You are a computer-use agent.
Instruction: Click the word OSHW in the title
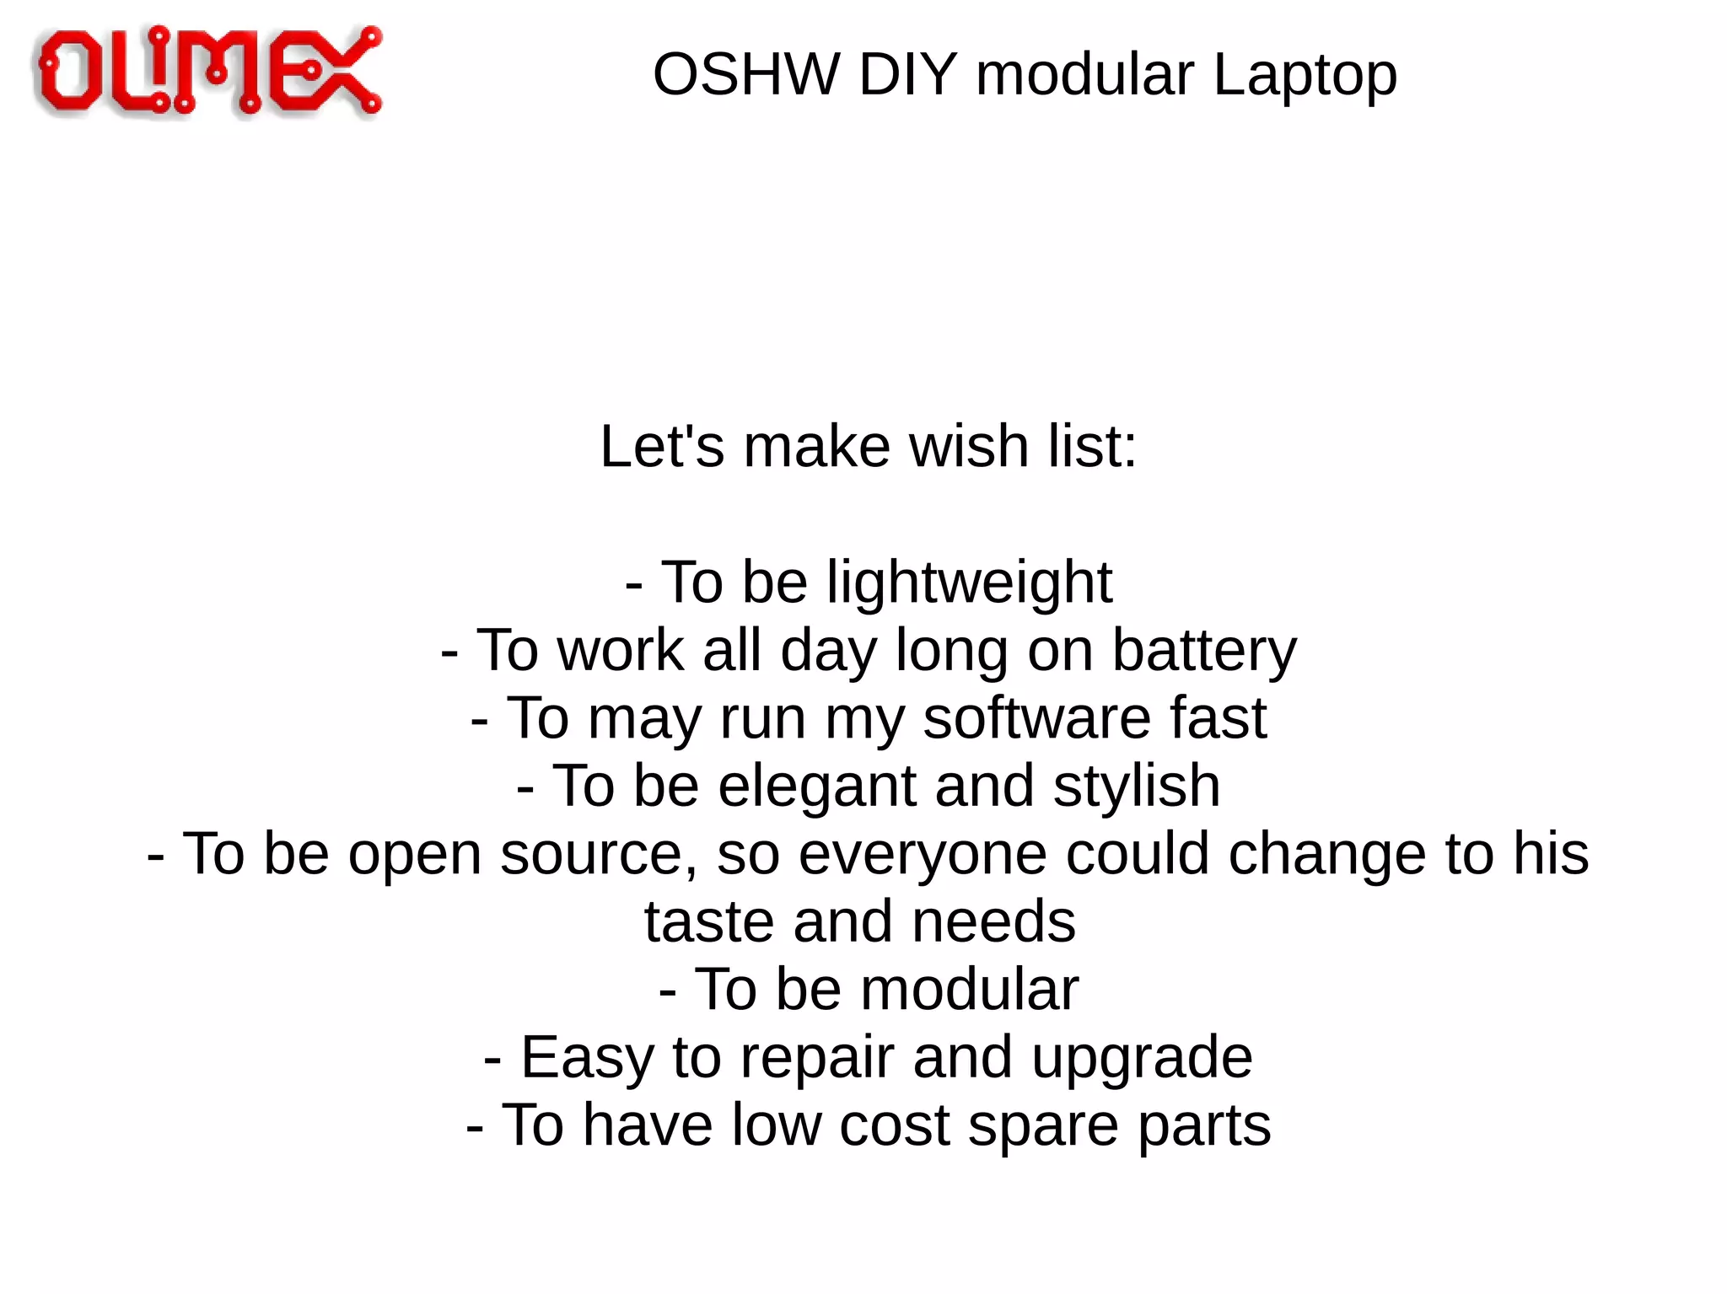click(745, 75)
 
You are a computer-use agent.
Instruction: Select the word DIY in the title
click(907, 75)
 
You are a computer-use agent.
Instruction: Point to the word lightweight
click(969, 583)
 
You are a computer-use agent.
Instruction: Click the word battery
click(1204, 652)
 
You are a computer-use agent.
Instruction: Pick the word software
click(1036, 718)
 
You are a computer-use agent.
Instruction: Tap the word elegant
click(816, 787)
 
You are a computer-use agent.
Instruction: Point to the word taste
click(707, 921)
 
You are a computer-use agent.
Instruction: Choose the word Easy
click(587, 1058)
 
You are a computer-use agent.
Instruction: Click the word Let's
click(661, 446)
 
